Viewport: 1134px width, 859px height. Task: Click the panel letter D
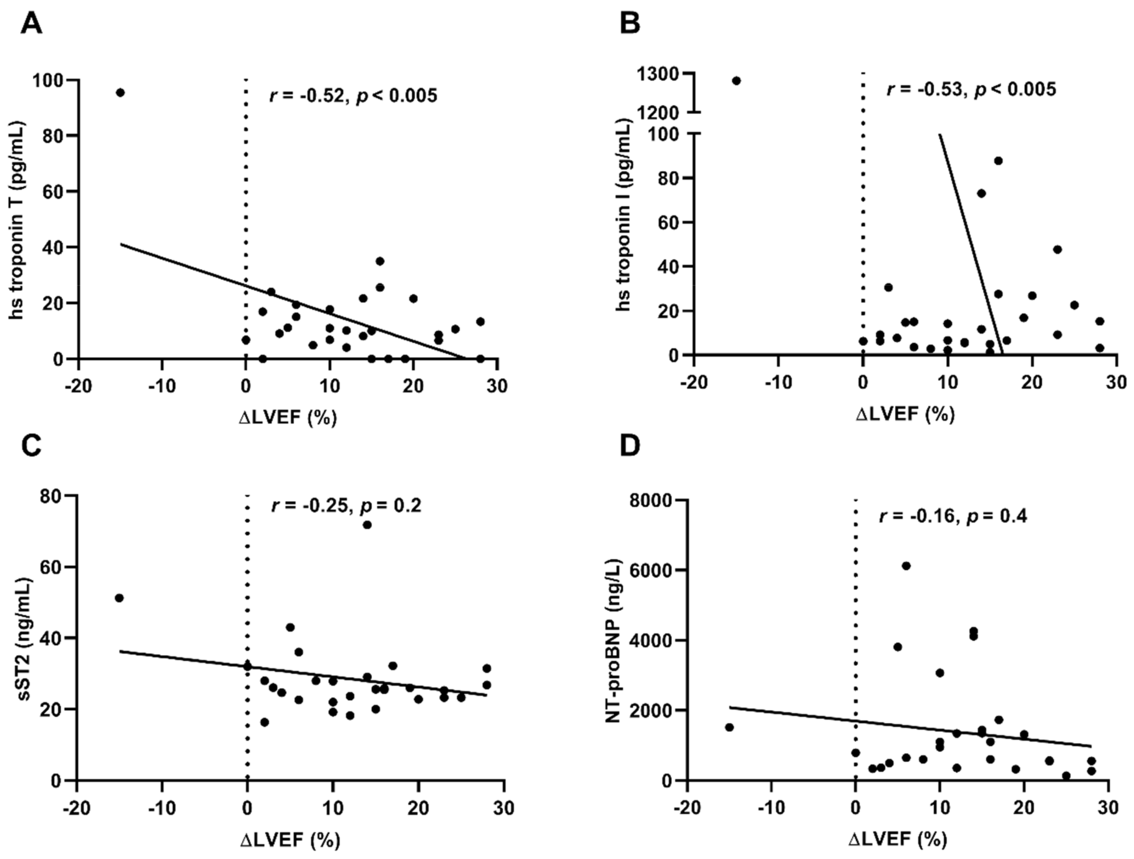630,446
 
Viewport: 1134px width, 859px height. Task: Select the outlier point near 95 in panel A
120,92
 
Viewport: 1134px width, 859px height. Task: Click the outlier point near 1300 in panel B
736,81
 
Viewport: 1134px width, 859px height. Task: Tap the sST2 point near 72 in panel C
367,525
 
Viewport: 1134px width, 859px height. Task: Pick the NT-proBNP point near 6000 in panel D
906,566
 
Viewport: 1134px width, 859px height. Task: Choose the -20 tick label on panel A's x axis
78,386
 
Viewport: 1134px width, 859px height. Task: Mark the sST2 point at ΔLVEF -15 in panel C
119,598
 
